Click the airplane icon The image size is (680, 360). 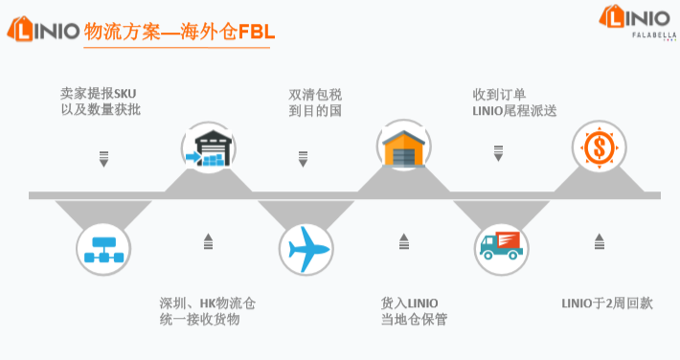[x=306, y=249]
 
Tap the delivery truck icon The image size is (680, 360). [x=502, y=248]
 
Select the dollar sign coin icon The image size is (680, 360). [x=600, y=148]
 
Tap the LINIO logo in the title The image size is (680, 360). [x=42, y=31]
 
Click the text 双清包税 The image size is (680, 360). [x=315, y=94]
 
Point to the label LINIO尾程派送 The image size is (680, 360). [x=514, y=111]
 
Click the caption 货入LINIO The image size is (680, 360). [x=410, y=304]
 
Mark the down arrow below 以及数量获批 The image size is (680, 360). [x=104, y=158]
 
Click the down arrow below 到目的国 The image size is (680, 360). [x=303, y=158]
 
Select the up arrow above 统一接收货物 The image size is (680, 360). [x=208, y=242]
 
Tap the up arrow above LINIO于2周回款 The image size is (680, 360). [x=600, y=242]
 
